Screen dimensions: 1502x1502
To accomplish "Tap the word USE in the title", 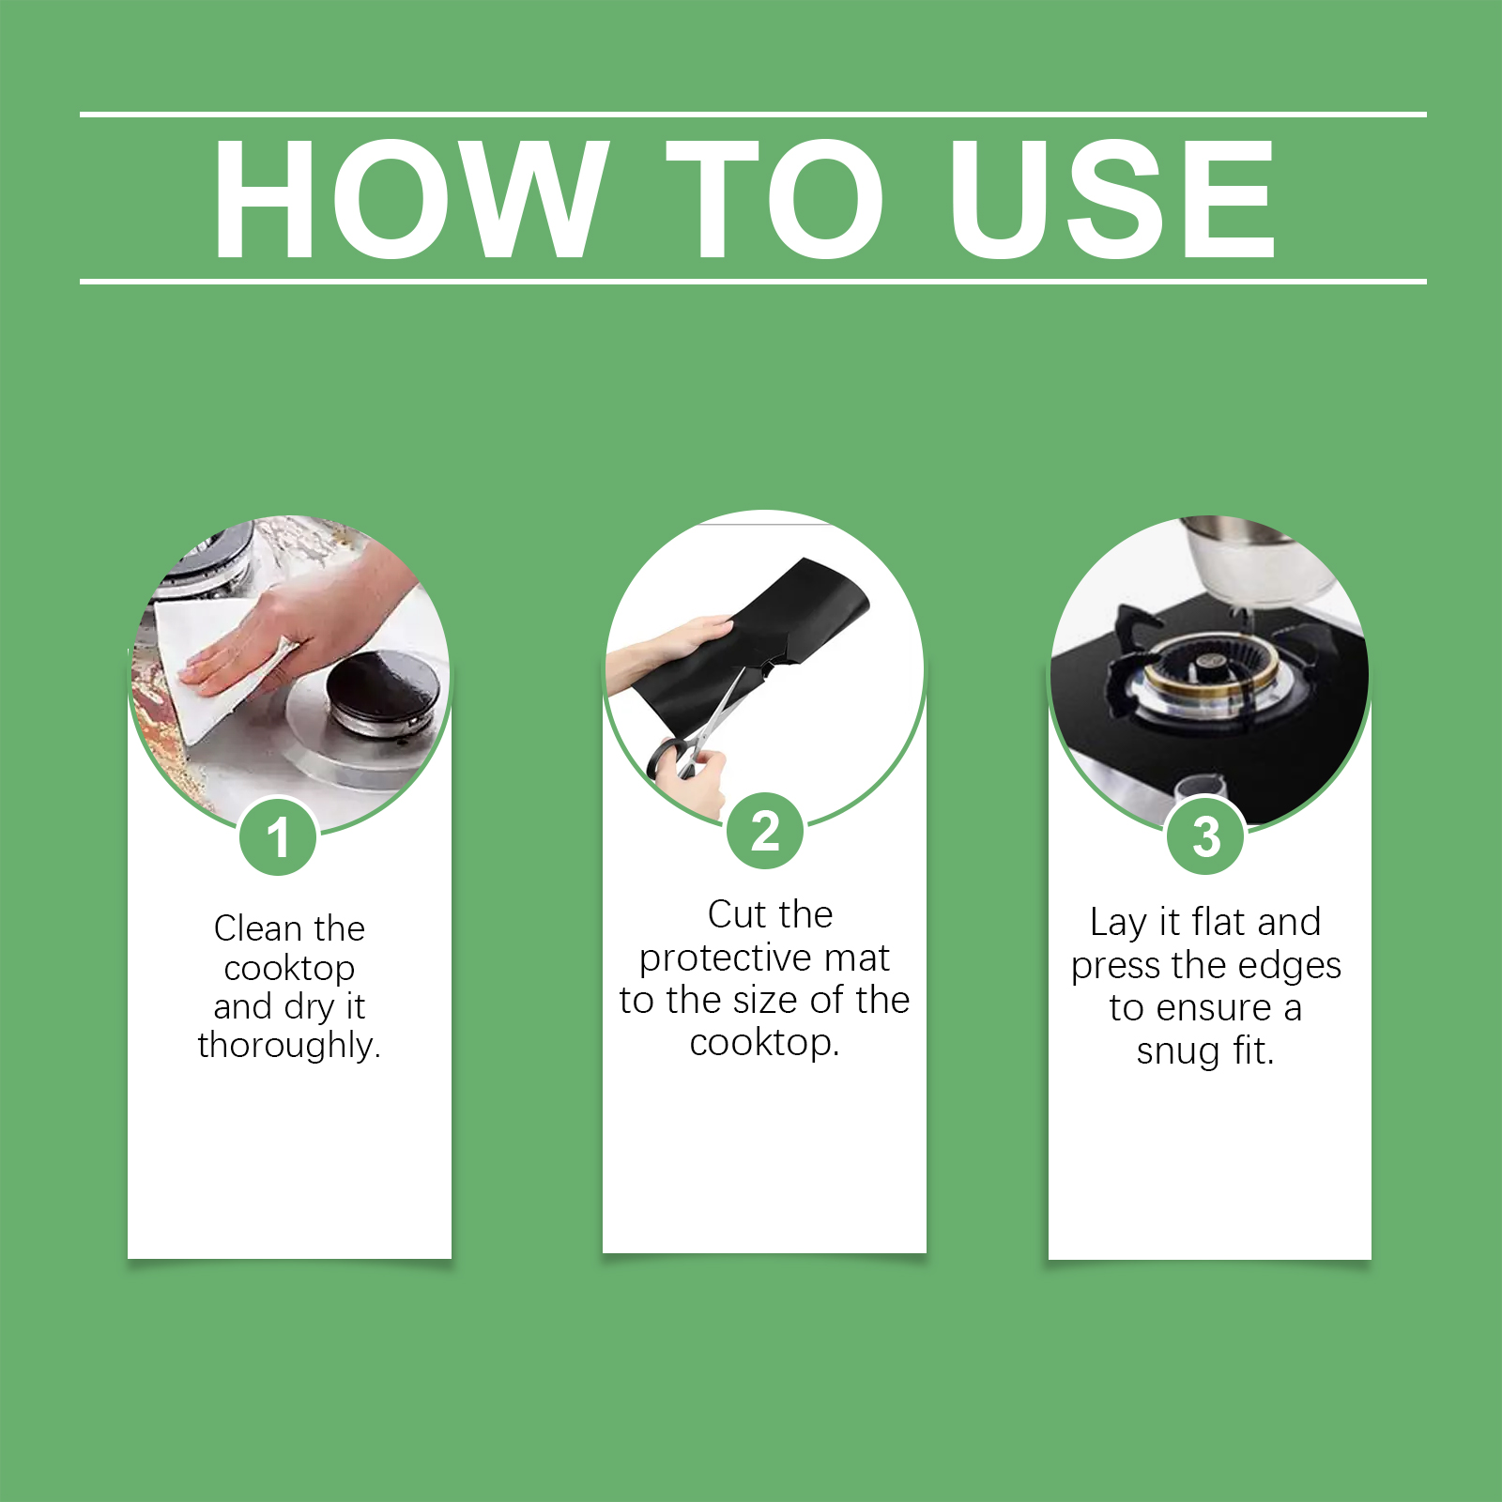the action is [1112, 198].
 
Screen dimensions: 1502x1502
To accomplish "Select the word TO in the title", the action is [776, 198].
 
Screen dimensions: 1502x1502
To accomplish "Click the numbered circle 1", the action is [278, 836].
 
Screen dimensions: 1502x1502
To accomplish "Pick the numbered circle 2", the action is [765, 831].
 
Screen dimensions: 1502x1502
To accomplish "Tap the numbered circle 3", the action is [1205, 835].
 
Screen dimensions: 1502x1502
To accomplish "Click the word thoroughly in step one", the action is [288, 1045].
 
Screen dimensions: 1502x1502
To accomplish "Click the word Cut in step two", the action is [736, 914].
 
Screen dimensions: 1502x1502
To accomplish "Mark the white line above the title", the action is [753, 115].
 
